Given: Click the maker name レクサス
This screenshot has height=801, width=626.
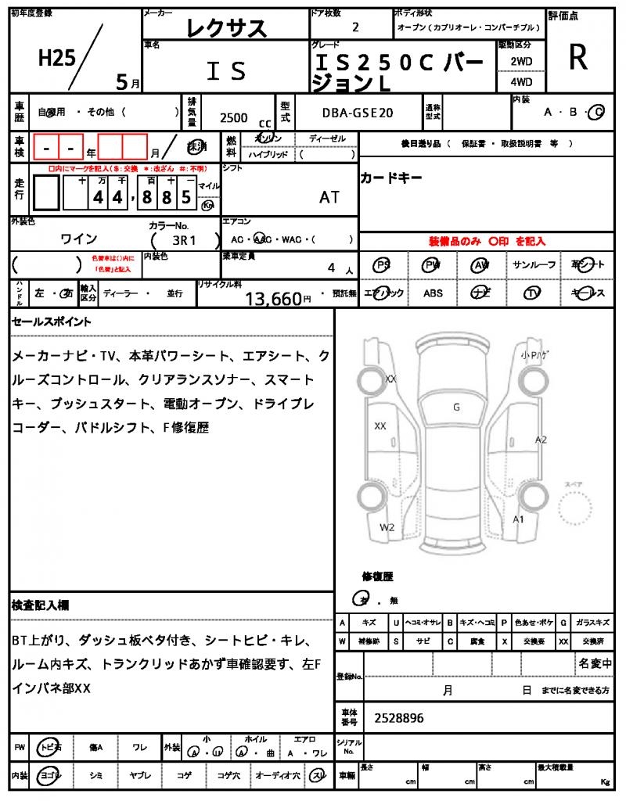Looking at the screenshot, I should pyautogui.click(x=227, y=28).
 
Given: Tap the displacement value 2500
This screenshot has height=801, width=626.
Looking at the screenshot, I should pyautogui.click(x=233, y=117).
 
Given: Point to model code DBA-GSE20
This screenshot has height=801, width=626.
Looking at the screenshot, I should pyautogui.click(x=358, y=113).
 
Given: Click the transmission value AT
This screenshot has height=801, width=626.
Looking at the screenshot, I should pyautogui.click(x=329, y=197).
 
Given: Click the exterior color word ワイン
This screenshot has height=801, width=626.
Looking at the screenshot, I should pyautogui.click(x=79, y=239).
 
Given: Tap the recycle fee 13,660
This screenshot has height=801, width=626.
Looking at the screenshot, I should pyautogui.click(x=273, y=298).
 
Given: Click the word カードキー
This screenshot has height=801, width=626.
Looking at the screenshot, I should pyautogui.click(x=391, y=178).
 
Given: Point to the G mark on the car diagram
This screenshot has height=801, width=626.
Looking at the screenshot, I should pyautogui.click(x=456, y=407).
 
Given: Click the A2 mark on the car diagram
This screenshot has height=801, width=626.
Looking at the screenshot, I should pyautogui.click(x=541, y=440).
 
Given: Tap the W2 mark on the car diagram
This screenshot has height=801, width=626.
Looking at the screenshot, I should pyautogui.click(x=387, y=527).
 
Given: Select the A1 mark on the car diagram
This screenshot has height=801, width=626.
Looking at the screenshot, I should pyautogui.click(x=518, y=519).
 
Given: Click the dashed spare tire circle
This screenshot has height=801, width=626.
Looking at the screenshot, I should pyautogui.click(x=580, y=512).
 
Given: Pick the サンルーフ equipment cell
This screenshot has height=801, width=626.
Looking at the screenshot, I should pyautogui.click(x=534, y=265).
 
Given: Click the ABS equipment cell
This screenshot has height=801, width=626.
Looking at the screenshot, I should pyautogui.click(x=433, y=293).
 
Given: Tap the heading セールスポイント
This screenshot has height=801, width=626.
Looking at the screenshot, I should pyautogui.click(x=51, y=321).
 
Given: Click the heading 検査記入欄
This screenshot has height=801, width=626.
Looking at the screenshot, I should pyautogui.click(x=40, y=605).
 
